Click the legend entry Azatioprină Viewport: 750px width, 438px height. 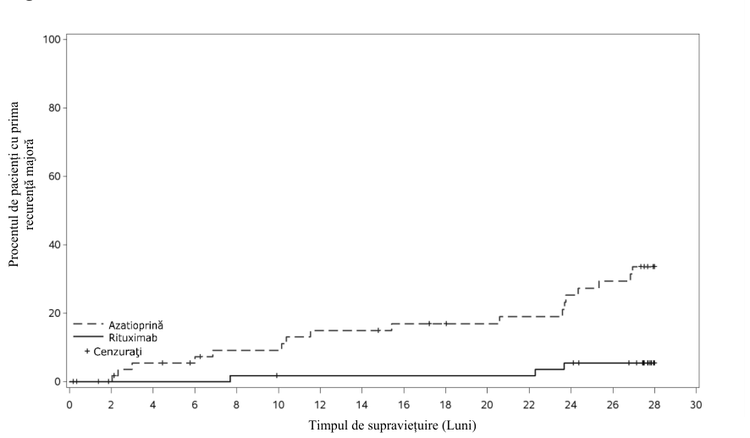click(135, 325)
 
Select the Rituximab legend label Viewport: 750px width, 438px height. click(133, 338)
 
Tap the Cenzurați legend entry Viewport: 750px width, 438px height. click(118, 352)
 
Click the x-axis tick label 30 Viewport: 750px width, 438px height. click(696, 405)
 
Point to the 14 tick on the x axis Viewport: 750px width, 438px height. click(362, 405)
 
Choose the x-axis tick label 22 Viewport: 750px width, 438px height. click(529, 405)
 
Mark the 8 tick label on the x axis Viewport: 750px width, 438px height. click(236, 405)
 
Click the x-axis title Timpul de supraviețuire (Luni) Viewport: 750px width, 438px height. click(392, 425)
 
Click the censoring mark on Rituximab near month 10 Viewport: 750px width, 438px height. click(277, 375)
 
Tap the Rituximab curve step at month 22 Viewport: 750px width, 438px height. click(535, 373)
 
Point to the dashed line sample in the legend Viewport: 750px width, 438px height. click(88, 324)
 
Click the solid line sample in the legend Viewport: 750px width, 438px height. click(88, 337)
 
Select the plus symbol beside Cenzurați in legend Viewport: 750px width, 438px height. click(87, 352)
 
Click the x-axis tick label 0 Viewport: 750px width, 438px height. click(69, 405)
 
